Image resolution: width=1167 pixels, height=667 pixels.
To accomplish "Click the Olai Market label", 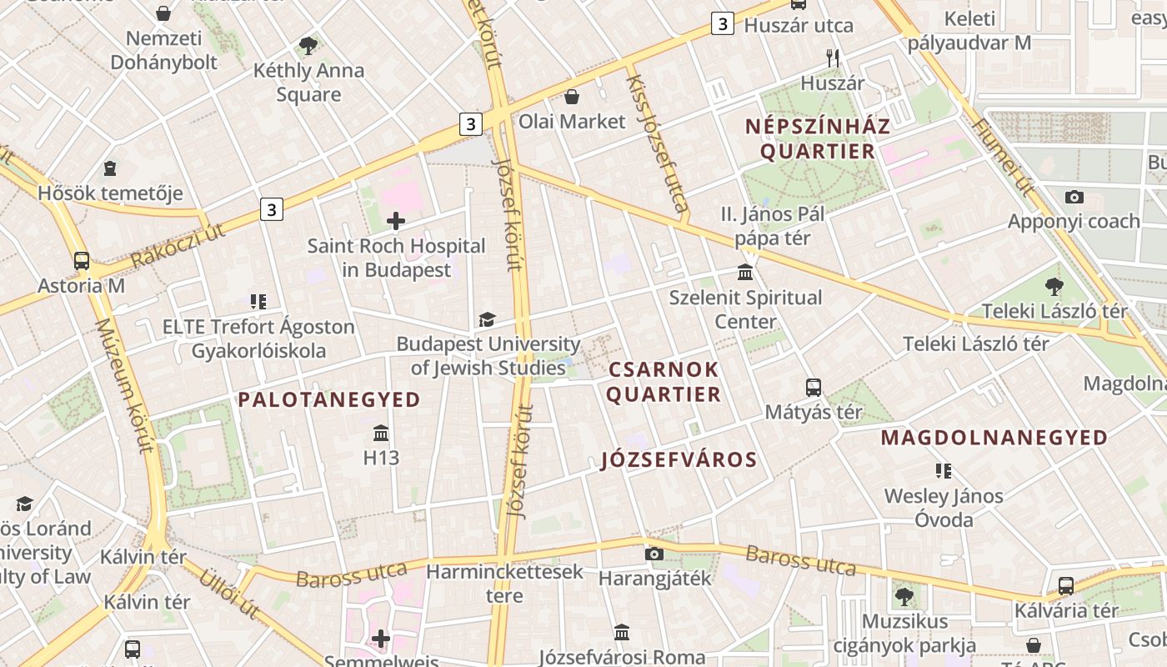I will (x=572, y=122).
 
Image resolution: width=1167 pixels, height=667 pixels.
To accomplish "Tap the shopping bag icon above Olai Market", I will (x=572, y=97).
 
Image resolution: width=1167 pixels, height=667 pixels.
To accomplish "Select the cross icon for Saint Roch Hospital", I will (x=396, y=221).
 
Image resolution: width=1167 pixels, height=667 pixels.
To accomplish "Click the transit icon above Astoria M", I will (x=82, y=260).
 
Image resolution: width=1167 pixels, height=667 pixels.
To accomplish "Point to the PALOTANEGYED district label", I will (x=329, y=400).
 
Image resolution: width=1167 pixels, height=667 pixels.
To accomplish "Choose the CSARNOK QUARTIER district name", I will (x=663, y=382).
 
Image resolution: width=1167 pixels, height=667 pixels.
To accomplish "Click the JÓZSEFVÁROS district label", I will (x=679, y=460).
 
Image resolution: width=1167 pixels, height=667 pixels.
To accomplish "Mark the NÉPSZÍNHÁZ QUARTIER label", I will (x=818, y=139).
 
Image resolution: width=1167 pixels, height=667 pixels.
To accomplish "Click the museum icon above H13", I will (x=381, y=433).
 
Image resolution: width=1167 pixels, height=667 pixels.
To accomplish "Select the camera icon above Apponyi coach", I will (x=1074, y=197).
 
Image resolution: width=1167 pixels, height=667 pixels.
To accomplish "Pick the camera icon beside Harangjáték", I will (x=654, y=554).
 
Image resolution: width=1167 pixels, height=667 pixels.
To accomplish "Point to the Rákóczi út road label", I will (x=178, y=246).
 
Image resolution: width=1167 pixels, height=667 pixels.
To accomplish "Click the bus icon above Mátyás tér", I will (x=814, y=388).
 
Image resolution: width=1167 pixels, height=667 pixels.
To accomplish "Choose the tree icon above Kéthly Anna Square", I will (x=308, y=45).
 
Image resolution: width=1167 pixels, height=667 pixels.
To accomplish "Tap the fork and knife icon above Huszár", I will (x=832, y=58).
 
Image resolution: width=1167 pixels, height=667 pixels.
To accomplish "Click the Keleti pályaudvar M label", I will (x=969, y=31).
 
